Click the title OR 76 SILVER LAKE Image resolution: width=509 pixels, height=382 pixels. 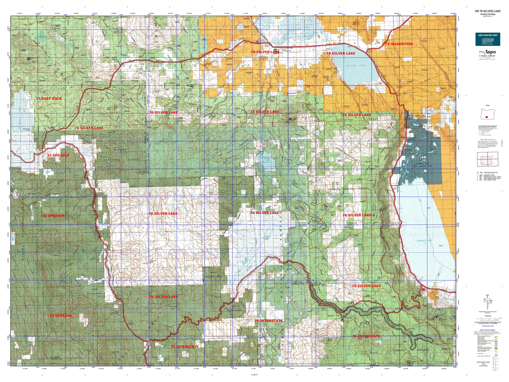(x=487, y=11)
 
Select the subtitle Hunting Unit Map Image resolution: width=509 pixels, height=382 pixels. (x=487, y=14)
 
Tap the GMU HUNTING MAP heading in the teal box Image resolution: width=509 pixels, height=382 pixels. (x=488, y=35)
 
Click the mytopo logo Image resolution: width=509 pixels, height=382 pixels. (x=488, y=52)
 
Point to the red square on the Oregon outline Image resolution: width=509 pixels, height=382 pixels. (x=487, y=117)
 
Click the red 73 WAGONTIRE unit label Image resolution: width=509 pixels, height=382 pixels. (x=399, y=44)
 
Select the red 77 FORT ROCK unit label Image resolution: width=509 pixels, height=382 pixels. (x=49, y=98)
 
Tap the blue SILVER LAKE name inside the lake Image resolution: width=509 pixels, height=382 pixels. (x=356, y=66)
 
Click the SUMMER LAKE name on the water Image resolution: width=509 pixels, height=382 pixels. (x=424, y=240)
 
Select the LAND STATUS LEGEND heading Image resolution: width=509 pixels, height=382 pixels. (x=487, y=330)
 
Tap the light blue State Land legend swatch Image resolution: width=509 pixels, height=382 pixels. (x=496, y=346)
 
